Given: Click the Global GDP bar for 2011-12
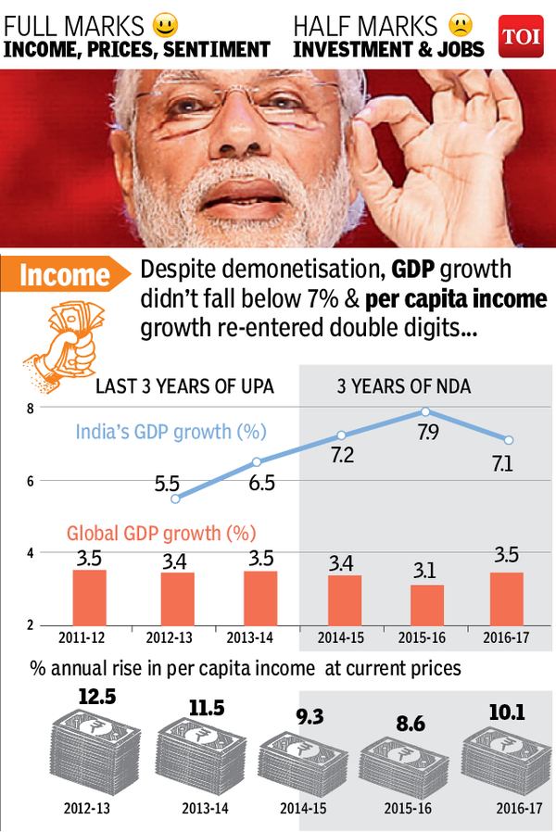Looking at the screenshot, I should click(x=90, y=597).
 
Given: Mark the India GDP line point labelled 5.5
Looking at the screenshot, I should click(x=174, y=498).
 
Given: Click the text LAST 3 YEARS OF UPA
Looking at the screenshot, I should click(x=185, y=386).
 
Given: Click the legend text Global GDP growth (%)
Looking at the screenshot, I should click(x=161, y=534).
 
